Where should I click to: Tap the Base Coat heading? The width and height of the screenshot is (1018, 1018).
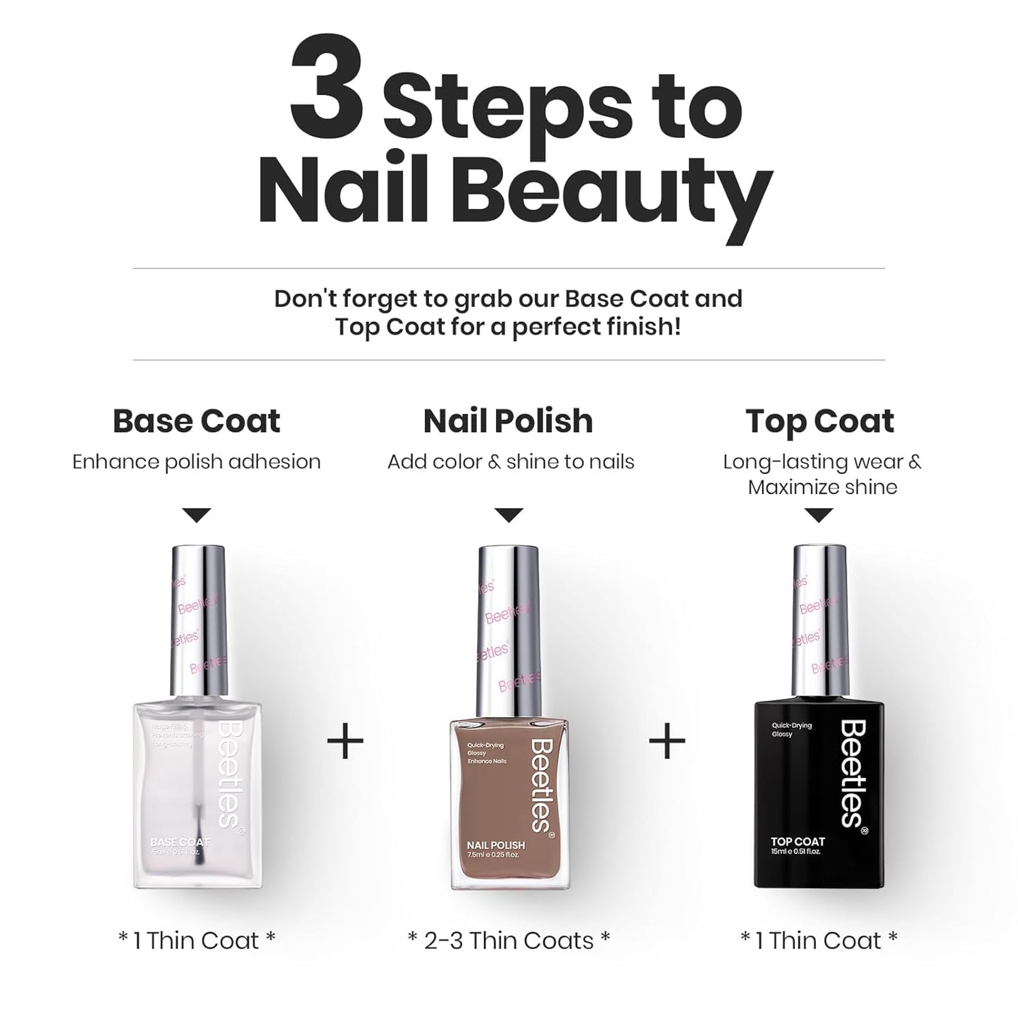coord(197,421)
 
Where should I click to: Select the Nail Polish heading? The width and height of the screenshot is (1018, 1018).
coord(508,421)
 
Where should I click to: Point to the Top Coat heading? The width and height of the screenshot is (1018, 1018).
coord(819,421)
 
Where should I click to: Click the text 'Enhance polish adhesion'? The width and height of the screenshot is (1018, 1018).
coord(197,462)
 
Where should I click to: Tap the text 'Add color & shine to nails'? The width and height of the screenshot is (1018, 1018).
coord(511,462)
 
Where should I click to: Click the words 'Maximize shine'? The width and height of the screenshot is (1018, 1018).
coord(822,488)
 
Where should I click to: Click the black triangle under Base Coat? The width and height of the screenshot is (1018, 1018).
coord(197,516)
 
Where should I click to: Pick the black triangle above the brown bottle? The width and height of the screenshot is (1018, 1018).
coord(509,516)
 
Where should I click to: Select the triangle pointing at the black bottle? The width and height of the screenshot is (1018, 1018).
coord(819,516)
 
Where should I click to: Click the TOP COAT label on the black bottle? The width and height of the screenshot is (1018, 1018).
coord(797,841)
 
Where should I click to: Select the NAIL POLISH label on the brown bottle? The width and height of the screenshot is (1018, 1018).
coord(495,845)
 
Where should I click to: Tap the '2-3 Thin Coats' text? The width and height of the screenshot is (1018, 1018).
coord(509,941)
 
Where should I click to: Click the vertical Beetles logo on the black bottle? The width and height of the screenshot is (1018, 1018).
coord(853,773)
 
